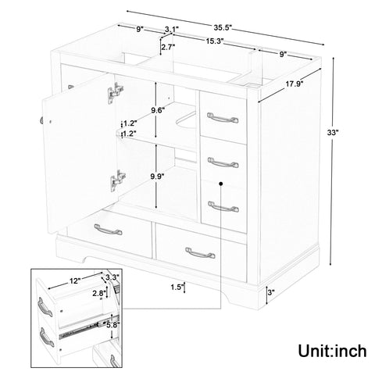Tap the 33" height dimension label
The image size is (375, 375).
pos(333,134)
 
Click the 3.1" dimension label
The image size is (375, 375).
pos(172,30)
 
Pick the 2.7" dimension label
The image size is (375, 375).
pos(167,48)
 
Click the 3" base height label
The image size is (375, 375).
pos(270,293)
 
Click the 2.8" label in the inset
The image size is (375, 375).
pos(98,293)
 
